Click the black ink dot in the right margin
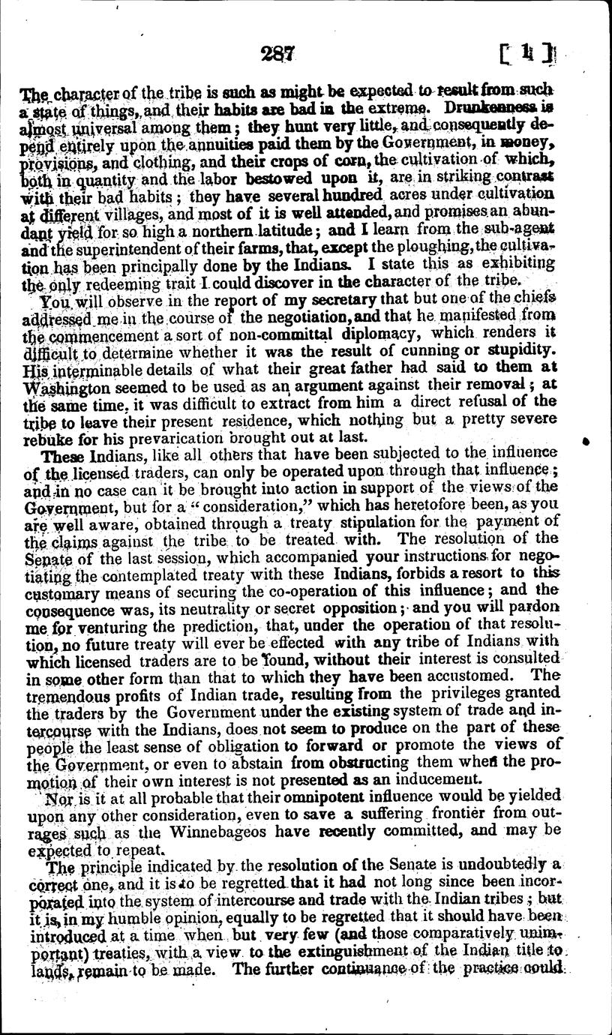[x=586, y=443]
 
